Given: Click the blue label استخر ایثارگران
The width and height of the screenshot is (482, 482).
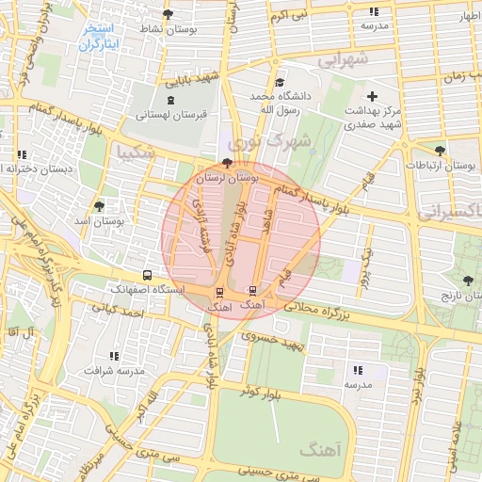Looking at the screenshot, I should coord(97,37).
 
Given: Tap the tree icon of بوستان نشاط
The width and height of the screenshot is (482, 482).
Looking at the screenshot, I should coord(168,14).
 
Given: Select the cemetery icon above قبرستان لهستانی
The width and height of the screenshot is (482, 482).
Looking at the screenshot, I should coord(169,100).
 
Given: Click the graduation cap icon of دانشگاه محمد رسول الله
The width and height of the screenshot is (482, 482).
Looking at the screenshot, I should coord(276,83).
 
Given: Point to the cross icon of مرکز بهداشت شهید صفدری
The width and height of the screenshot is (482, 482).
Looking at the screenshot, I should coord(373,96).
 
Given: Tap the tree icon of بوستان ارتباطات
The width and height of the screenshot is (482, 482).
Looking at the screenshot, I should coord(440,150).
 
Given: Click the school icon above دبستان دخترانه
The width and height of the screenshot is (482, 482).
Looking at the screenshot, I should coord(21,154).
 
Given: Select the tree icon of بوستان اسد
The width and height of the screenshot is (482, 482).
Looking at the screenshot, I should coord(99,206).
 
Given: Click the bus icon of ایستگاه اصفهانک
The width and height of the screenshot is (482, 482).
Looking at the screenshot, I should coord(147,275).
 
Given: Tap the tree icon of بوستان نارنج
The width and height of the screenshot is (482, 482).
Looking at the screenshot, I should coord(468,281).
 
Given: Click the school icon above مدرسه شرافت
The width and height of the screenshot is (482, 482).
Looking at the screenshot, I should coord(114,356).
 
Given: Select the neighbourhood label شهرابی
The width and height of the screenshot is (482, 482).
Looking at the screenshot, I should coord(345,60).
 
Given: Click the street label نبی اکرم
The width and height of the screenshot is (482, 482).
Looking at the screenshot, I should coord(288,17).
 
